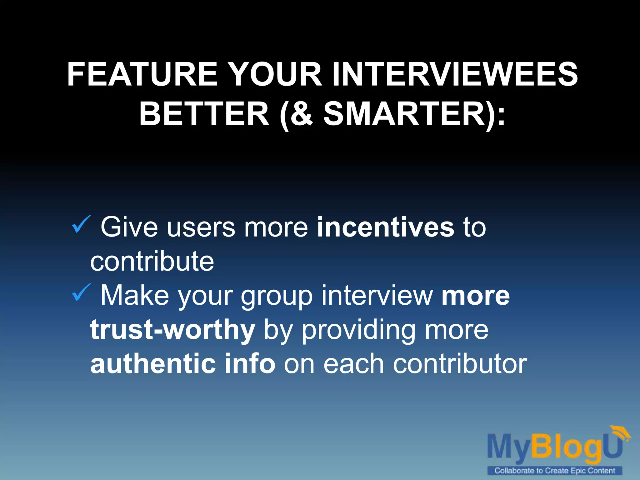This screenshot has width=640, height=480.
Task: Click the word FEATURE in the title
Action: (x=142, y=74)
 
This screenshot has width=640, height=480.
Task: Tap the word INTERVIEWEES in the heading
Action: (x=455, y=74)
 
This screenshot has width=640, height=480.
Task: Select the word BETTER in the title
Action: (x=204, y=114)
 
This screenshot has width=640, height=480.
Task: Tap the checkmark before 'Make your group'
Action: (x=81, y=293)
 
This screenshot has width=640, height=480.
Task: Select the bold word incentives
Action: (x=385, y=227)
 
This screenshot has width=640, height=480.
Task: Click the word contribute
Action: (x=152, y=262)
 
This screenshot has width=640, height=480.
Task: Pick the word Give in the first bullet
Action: (x=129, y=227)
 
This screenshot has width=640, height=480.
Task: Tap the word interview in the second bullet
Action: (x=377, y=296)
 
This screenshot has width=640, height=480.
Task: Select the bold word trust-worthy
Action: (x=172, y=330)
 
